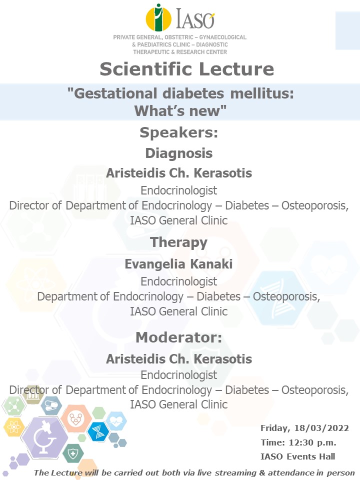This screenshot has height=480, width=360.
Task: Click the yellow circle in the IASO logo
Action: tap(158, 18)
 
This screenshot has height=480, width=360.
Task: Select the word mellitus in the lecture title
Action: tap(262, 93)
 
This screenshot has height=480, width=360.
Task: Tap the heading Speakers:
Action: tap(179, 132)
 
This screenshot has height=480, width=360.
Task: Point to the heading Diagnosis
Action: tap(179, 153)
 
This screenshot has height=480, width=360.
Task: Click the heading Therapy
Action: tap(179, 242)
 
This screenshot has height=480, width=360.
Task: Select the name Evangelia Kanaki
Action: tap(179, 264)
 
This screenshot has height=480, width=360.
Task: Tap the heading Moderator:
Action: tap(179, 337)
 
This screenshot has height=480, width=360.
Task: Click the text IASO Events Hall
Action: tap(298, 456)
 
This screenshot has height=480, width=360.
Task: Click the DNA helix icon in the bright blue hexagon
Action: tap(98, 431)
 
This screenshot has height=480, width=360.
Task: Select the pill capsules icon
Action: tap(51, 405)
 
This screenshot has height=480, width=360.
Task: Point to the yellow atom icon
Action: tap(14, 426)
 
